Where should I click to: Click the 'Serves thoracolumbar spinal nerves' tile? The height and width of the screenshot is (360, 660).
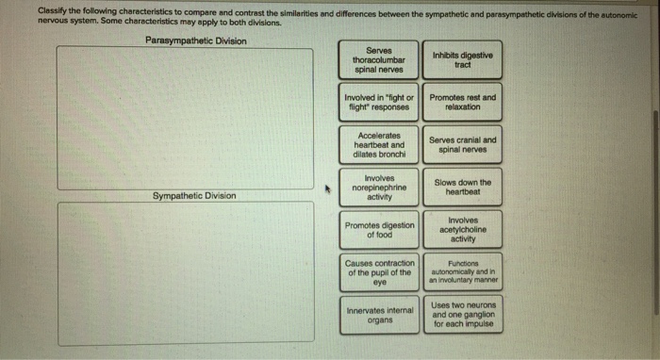(x=378, y=59)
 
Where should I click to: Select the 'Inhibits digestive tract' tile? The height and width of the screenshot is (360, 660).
(x=462, y=59)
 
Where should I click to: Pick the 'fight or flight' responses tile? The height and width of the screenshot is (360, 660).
(x=378, y=102)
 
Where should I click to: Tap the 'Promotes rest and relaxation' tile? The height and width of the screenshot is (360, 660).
(x=462, y=102)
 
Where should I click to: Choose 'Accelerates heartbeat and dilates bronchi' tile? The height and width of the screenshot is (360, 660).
(x=379, y=145)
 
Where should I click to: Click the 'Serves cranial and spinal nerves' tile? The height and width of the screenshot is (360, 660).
(x=462, y=145)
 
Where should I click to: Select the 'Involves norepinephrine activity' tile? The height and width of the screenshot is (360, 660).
(x=379, y=188)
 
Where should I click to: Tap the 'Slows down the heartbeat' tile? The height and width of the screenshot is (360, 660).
(x=463, y=188)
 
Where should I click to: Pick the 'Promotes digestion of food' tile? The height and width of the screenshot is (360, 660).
(x=379, y=230)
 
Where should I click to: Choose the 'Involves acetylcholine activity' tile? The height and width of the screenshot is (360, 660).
(x=463, y=230)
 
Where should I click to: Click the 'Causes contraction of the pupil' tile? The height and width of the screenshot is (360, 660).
(x=379, y=272)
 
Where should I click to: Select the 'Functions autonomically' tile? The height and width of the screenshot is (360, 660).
(x=463, y=272)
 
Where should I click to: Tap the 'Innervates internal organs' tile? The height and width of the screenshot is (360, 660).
(x=380, y=315)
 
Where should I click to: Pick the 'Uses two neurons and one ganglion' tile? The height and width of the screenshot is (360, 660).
(x=463, y=315)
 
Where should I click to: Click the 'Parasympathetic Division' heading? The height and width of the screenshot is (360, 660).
(x=196, y=41)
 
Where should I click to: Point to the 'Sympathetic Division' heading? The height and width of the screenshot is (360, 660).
(x=194, y=196)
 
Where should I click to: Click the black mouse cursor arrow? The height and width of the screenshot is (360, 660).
(x=328, y=189)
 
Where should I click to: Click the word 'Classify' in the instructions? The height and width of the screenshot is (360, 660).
(x=52, y=11)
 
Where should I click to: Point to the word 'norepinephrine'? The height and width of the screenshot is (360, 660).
(x=379, y=188)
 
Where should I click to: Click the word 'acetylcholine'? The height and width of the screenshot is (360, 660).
(x=463, y=230)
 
